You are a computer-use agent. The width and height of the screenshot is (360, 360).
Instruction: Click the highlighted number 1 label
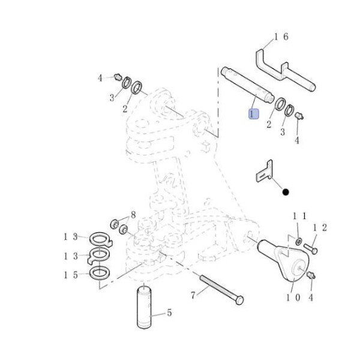254,113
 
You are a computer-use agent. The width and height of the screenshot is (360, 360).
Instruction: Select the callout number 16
281,37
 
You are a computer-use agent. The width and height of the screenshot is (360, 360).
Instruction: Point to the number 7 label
193,295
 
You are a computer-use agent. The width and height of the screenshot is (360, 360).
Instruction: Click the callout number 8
133,215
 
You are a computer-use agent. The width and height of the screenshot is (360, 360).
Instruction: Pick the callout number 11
299,215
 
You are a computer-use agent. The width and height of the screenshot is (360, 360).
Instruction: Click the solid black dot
286,192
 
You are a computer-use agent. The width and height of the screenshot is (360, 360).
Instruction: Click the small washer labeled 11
299,241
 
